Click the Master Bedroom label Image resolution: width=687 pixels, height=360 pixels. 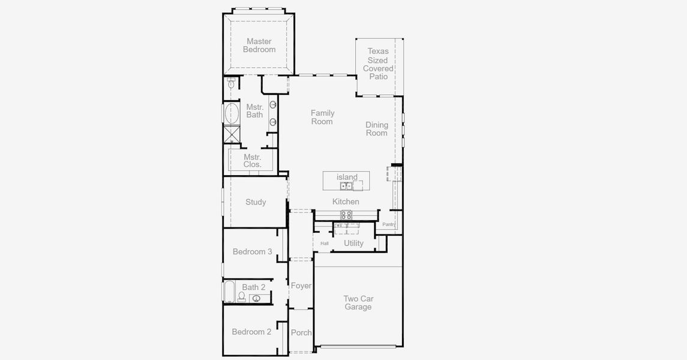(x=259, y=46)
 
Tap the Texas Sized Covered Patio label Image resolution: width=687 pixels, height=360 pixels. (x=377, y=64)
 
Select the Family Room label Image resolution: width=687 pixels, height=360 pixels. (x=322, y=118)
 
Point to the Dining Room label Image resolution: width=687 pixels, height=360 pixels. (x=377, y=129)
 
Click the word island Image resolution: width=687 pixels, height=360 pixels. (x=347, y=177)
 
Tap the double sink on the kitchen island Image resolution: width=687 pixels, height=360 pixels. (x=346, y=186)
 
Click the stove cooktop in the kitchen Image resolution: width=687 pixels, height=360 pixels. (x=346, y=215)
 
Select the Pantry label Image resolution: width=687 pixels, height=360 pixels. (x=389, y=224)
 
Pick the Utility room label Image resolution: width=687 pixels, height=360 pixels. (x=353, y=243)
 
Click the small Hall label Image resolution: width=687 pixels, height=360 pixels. (x=325, y=244)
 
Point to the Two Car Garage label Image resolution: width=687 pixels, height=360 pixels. (x=358, y=302)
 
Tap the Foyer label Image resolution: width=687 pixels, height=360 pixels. (x=301, y=286)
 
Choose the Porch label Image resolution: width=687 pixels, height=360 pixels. (x=301, y=333)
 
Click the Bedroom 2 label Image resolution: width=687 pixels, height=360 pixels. (x=251, y=332)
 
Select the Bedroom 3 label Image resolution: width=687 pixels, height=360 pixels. (x=253, y=252)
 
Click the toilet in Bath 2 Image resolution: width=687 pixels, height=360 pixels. (x=241, y=297)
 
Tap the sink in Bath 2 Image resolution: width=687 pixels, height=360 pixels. (x=257, y=299)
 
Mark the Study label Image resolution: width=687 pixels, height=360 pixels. (x=256, y=202)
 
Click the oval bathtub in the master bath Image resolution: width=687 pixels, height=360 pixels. (x=232, y=113)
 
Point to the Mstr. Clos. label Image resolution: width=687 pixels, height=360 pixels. (x=253, y=161)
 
